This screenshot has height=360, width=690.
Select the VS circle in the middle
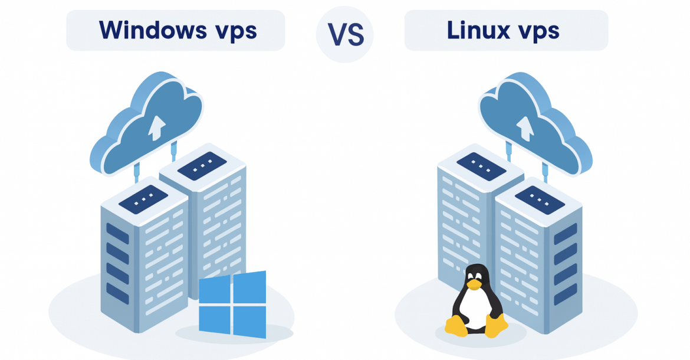coord(344,35)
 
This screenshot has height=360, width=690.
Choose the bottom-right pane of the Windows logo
coord(250,322)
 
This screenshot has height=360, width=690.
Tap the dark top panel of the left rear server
coord(202,165)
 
